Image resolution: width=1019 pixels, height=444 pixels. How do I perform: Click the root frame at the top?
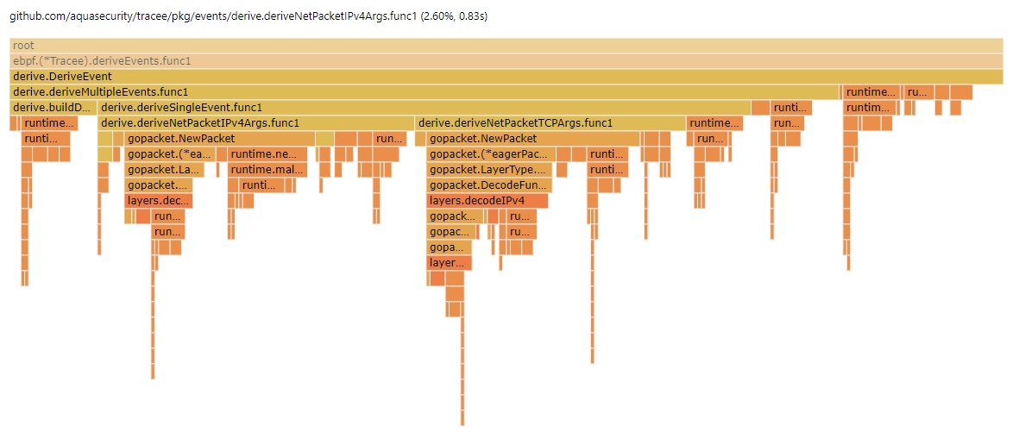(x=506, y=45)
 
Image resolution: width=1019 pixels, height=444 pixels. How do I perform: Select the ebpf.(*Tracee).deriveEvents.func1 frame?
(x=506, y=61)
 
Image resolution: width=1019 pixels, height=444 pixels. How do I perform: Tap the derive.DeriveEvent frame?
(x=506, y=77)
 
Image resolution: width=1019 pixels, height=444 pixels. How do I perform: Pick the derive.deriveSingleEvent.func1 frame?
(x=423, y=108)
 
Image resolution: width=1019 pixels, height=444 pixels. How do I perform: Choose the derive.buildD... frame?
(x=52, y=108)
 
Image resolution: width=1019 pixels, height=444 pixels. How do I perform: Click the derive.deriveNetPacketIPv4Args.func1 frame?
(x=256, y=123)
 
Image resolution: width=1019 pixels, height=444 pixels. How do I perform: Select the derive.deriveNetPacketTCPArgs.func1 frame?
(x=550, y=123)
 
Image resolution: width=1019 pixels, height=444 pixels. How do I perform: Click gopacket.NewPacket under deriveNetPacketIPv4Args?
(x=219, y=139)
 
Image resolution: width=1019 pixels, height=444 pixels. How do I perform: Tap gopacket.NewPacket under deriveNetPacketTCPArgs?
(x=532, y=139)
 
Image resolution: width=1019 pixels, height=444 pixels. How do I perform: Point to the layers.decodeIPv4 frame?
(x=487, y=201)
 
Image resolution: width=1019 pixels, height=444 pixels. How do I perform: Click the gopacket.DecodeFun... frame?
(x=489, y=185)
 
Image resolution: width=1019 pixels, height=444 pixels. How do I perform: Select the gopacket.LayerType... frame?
(x=489, y=170)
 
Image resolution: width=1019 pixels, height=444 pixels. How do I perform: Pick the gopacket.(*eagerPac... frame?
(x=489, y=154)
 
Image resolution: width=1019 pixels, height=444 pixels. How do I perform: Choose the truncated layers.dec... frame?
(x=159, y=201)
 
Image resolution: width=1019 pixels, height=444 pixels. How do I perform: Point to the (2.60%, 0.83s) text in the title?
(x=454, y=16)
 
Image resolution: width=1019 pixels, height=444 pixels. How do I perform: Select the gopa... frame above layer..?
(x=449, y=247)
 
